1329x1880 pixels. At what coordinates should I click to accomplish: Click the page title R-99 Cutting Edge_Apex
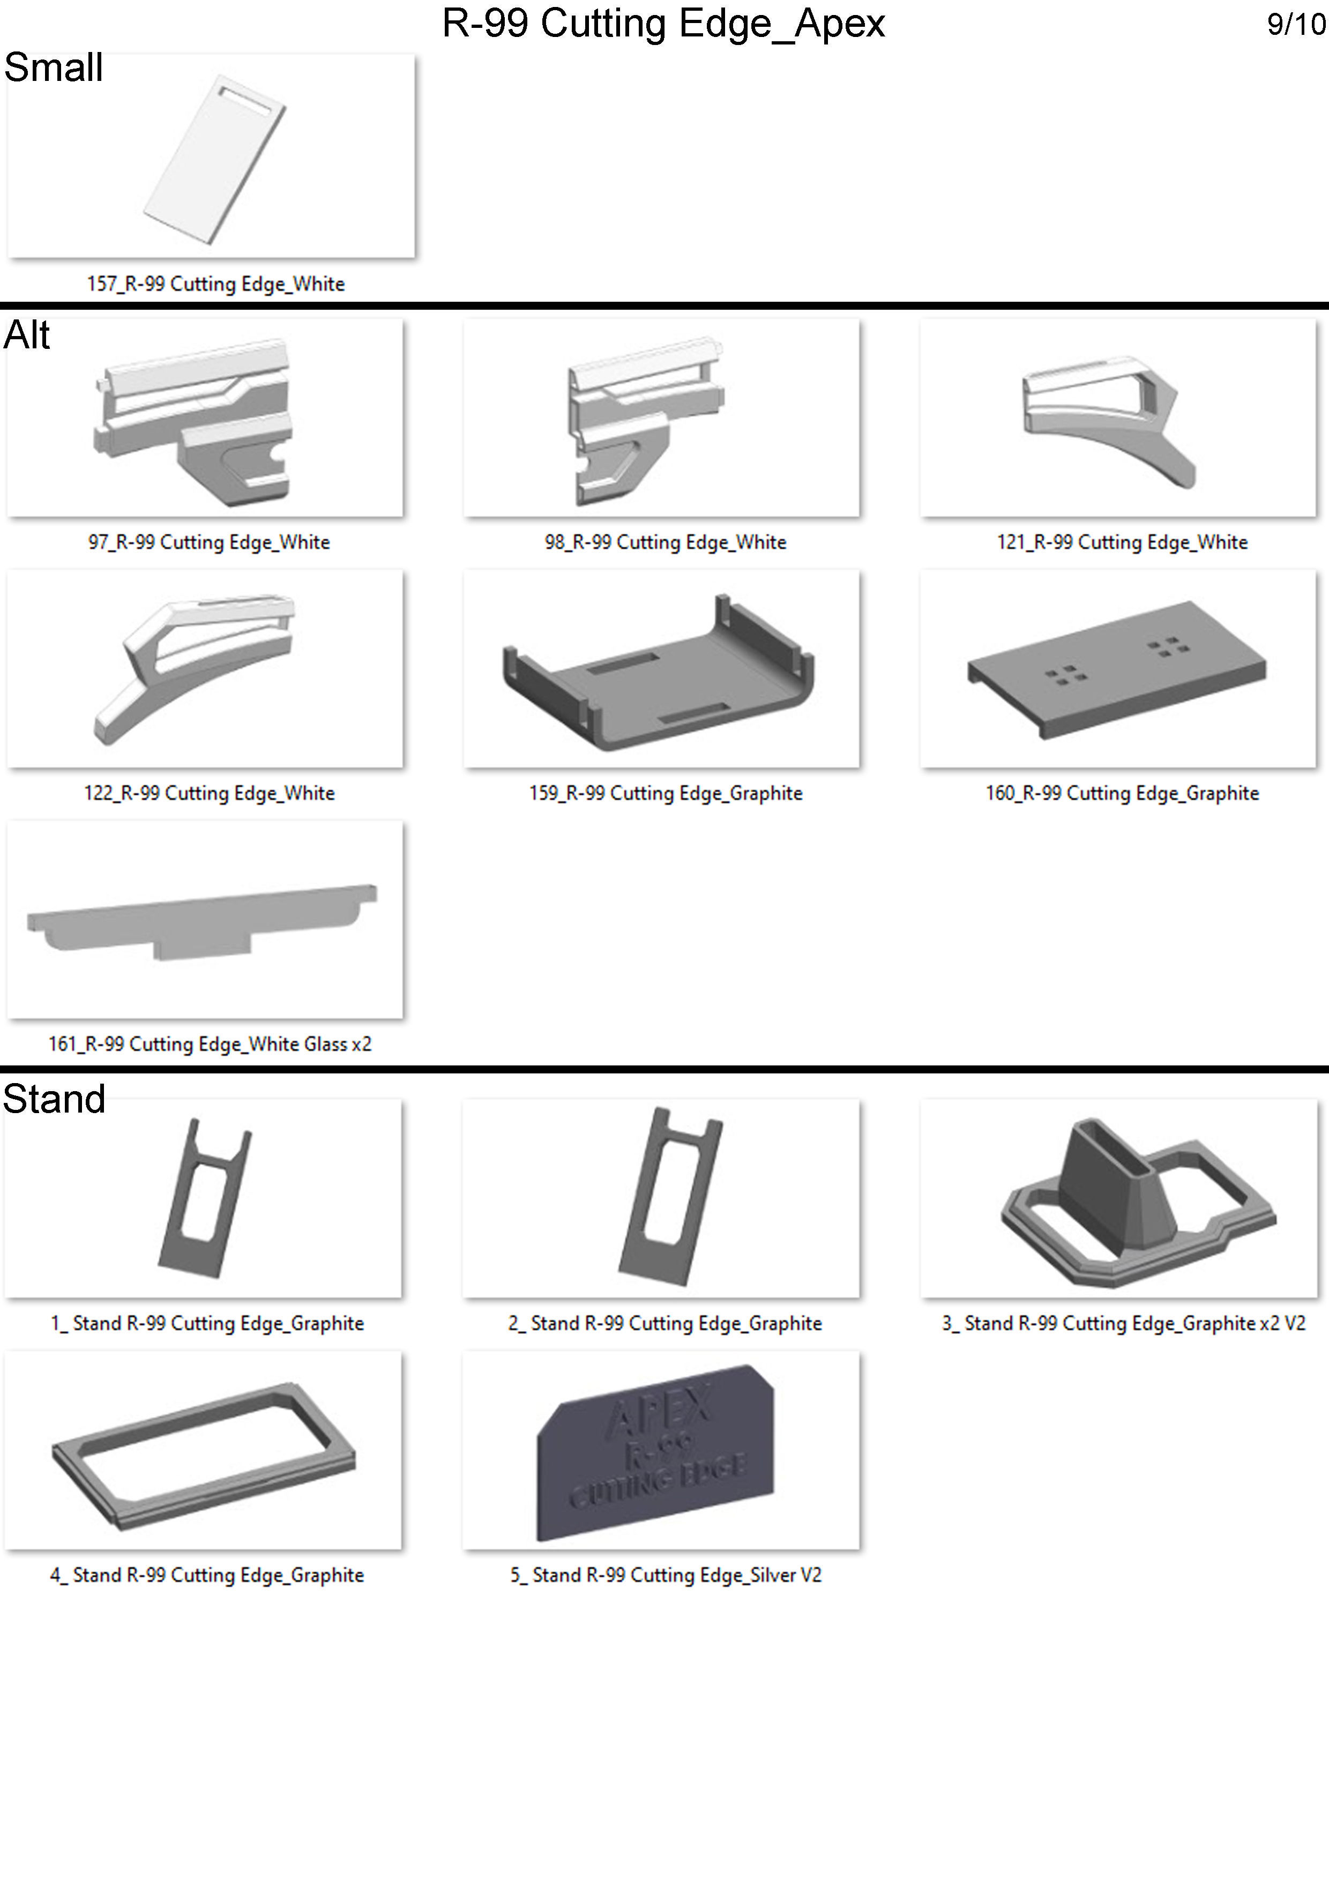(663, 23)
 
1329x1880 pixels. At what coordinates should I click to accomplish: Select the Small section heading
(54, 67)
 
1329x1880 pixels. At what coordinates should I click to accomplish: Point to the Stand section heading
(54, 1099)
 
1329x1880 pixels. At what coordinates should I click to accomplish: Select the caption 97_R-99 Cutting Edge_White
(209, 542)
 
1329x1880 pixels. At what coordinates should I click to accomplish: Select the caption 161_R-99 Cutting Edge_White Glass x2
(210, 1044)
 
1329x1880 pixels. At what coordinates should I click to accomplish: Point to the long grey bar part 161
(201, 920)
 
